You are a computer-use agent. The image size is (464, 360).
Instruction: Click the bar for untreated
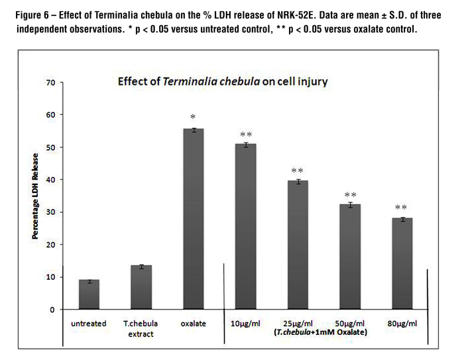tap(89, 294)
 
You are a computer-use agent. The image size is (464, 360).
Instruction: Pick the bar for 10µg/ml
tap(246, 226)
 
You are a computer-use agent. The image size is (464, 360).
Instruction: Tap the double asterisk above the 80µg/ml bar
tap(402, 208)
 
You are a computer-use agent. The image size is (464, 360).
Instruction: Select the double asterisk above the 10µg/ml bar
tap(246, 135)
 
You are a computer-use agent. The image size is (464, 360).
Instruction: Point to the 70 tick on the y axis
tap(50, 83)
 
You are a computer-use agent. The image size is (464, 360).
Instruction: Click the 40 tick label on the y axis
tap(50, 180)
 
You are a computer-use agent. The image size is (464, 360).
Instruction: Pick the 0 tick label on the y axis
tap(52, 310)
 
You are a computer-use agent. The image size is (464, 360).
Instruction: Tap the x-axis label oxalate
tap(194, 324)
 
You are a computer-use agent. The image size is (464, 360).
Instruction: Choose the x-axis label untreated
tap(89, 324)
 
